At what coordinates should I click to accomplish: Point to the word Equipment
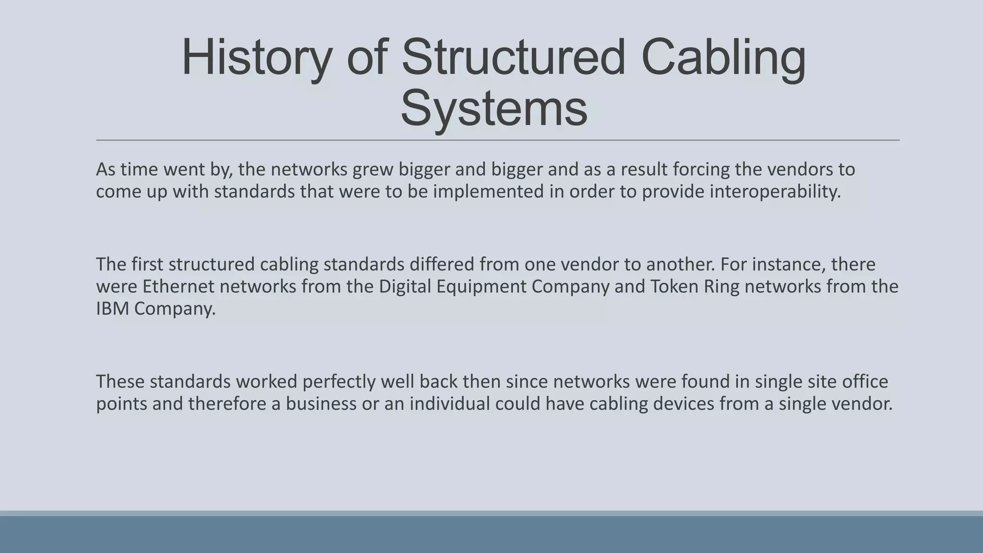(x=481, y=287)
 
